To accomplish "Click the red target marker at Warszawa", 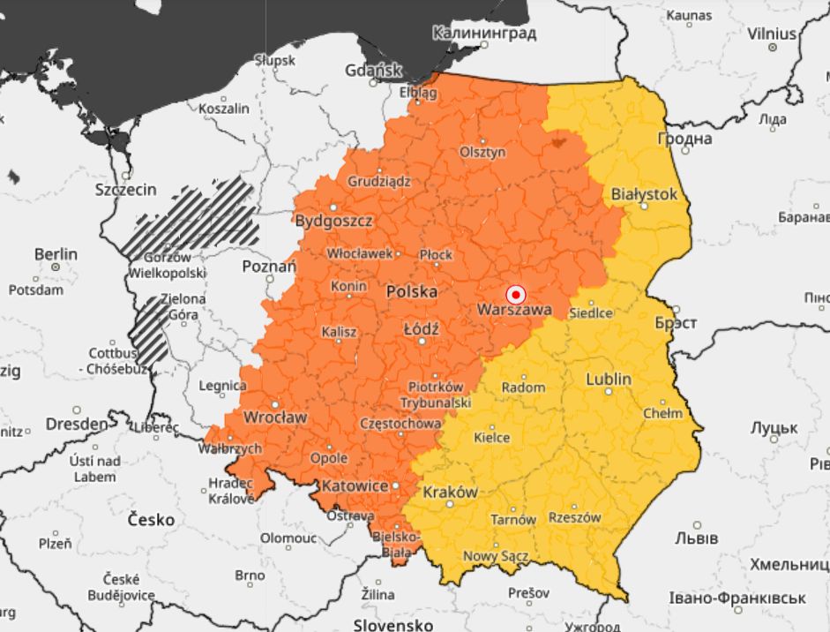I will click(516, 294).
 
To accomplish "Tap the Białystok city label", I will click(644, 193).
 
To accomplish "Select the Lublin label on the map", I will click(609, 379).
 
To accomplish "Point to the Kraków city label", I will click(451, 492).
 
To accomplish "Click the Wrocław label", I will click(275, 417).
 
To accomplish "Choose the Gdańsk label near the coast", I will click(373, 71).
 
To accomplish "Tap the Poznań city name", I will click(269, 266).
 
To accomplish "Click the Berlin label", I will click(56, 254).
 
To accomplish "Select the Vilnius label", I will click(772, 34).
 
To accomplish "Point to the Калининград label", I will click(484, 34).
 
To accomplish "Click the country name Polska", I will click(412, 290).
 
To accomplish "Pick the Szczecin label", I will click(125, 189).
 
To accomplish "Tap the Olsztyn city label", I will click(482, 152).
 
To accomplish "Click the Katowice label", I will click(355, 485).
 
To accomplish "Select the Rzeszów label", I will click(574, 517).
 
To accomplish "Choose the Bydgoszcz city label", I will click(333, 220).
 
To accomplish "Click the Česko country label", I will click(151, 519).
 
